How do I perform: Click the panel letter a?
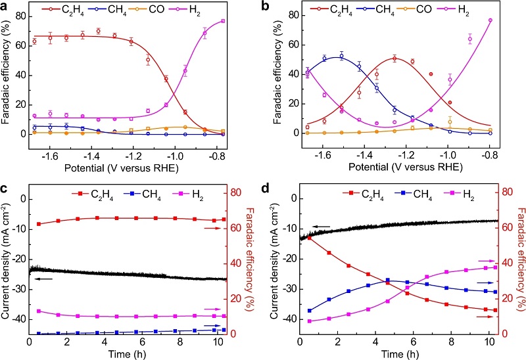pyautogui.click(x=5, y=6)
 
